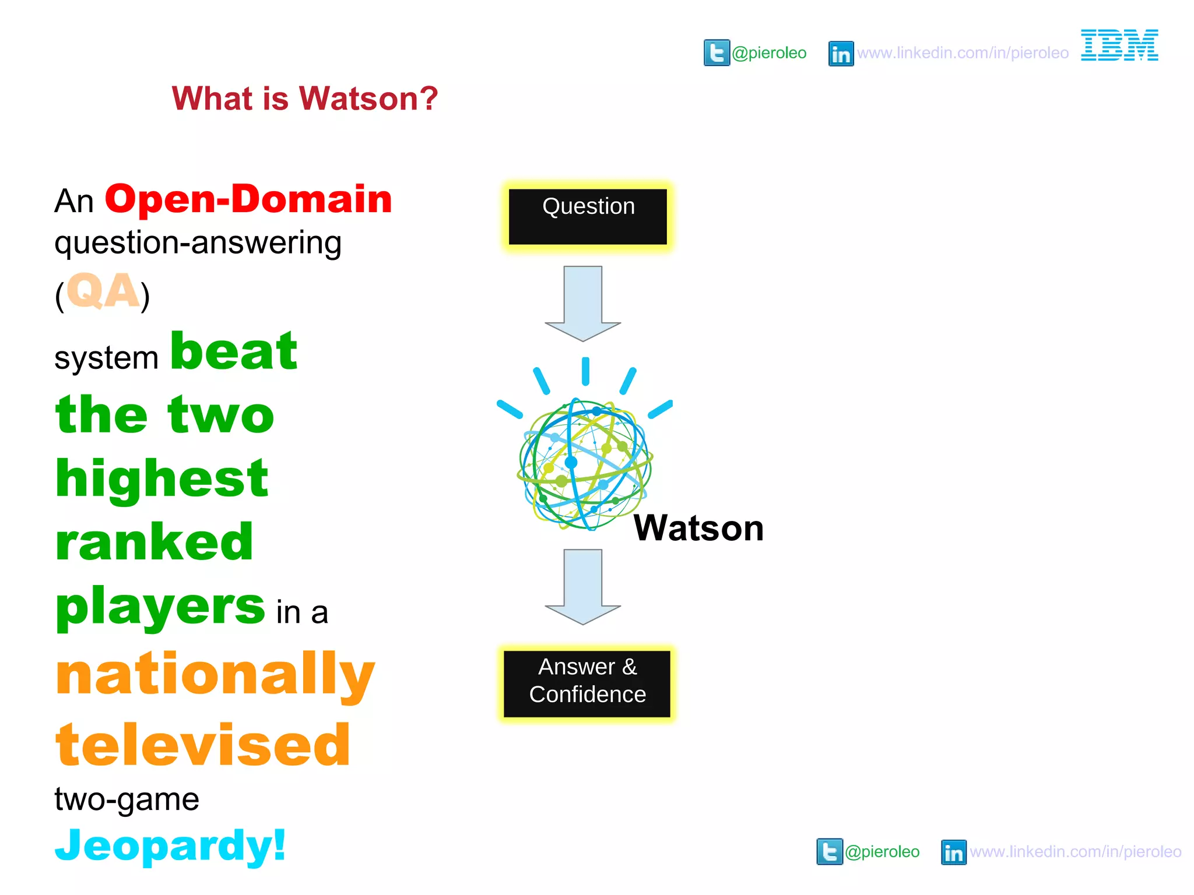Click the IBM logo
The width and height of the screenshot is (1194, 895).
pos(1119,45)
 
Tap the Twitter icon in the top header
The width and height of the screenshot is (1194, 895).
pos(717,53)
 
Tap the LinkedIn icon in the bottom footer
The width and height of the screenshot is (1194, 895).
pos(953,852)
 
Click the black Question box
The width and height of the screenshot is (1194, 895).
pos(588,216)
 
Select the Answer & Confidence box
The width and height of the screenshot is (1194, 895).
pos(587,683)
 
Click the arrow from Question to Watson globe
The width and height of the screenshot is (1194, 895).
pos(583,303)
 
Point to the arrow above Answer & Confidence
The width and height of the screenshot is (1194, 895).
pos(583,586)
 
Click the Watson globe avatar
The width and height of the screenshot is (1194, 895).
pos(585,463)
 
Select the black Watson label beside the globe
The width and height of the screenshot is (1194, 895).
pos(698,528)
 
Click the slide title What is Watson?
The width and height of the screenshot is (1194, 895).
pos(304,98)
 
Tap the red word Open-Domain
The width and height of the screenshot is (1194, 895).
pos(248,199)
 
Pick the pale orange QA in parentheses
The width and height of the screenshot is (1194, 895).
pos(103,291)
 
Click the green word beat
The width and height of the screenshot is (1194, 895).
pos(234,351)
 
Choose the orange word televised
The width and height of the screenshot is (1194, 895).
pos(203,745)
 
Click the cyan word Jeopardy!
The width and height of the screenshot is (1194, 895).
pos(170,845)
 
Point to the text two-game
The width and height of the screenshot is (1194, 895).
pos(127,799)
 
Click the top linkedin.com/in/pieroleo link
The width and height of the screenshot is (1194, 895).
pos(963,53)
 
